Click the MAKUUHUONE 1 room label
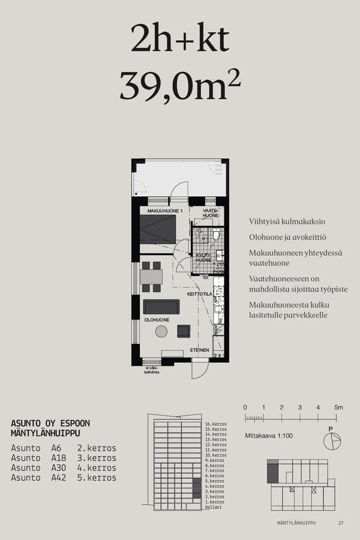click(165, 211)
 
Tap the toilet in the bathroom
click(216, 234)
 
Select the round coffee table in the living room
click(161, 331)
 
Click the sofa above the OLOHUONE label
click(161, 307)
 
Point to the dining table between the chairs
click(151, 277)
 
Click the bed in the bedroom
click(158, 229)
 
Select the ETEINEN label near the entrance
click(199, 349)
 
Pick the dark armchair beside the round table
click(184, 331)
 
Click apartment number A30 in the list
click(56, 468)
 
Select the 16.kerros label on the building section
click(215, 424)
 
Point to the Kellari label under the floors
click(213, 507)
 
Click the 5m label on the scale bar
click(338, 407)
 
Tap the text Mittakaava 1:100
click(269, 436)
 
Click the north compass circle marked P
click(331, 441)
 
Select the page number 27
click(341, 523)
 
